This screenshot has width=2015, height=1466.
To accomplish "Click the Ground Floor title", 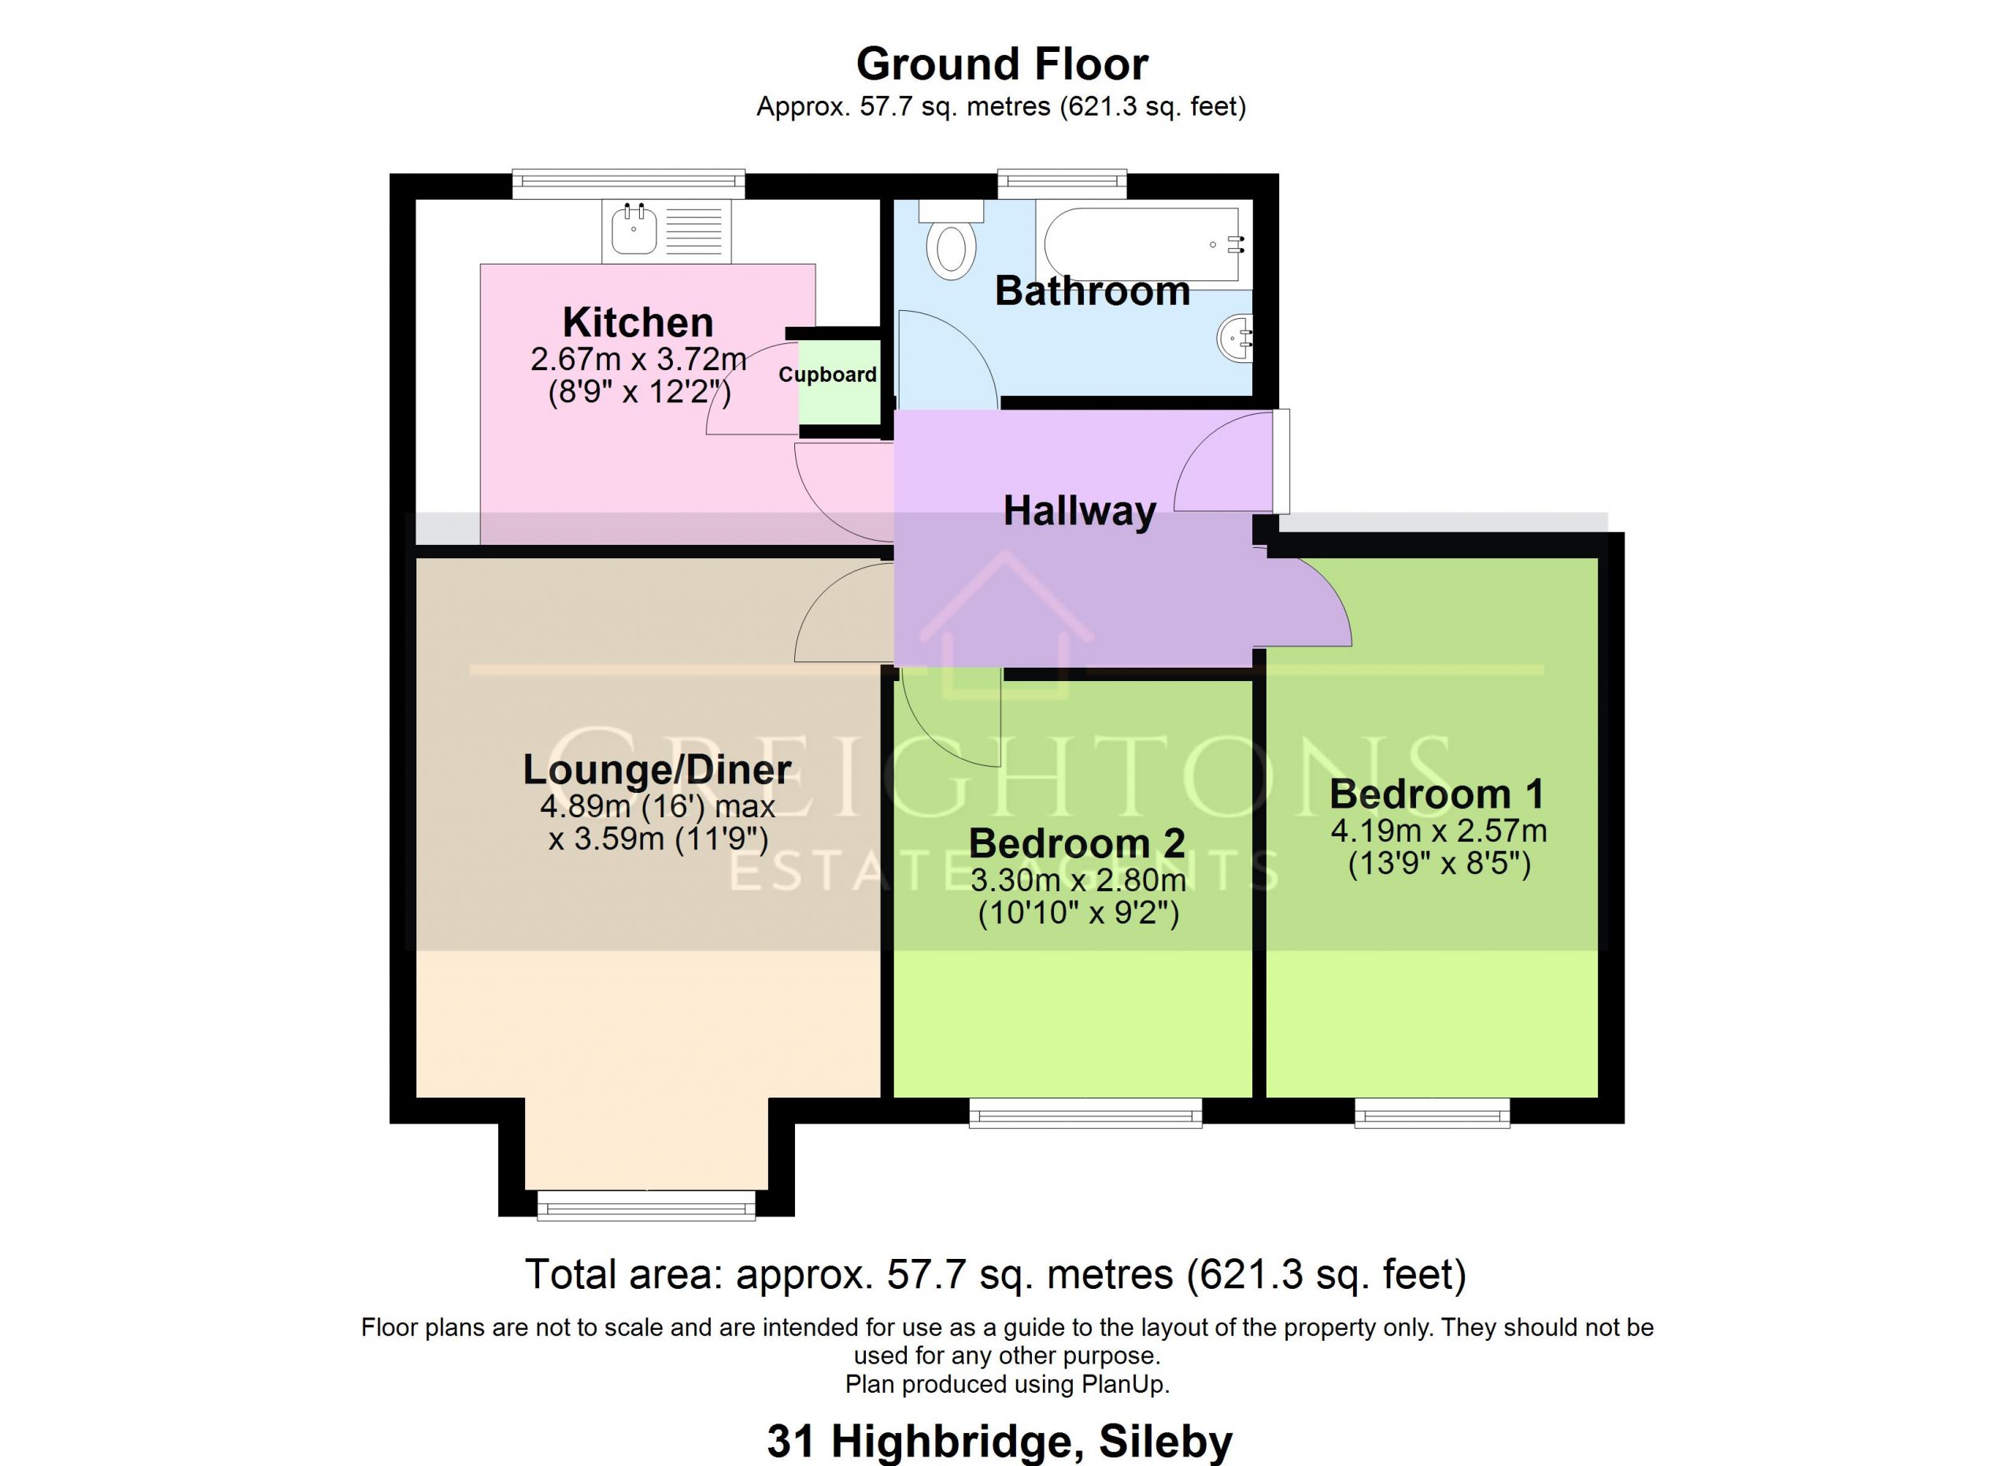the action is pos(1001,64).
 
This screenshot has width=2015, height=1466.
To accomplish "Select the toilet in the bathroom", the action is pos(951,239).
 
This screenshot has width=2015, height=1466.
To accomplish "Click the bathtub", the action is pos(1144,244).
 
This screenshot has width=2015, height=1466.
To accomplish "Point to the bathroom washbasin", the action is pos(1235,339).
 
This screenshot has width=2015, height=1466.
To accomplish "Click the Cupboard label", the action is pos(827,375).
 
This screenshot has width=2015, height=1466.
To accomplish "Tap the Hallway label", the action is pos(1079,512).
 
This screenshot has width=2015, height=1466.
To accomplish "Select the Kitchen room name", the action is pos(638,322).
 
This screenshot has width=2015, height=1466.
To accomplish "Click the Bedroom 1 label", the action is pos(1436,794).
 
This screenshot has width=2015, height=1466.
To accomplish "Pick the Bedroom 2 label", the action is pos(1077,843).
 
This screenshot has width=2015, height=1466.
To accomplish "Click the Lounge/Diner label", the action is pos(656,769).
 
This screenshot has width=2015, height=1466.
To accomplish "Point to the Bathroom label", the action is pos(1092,291).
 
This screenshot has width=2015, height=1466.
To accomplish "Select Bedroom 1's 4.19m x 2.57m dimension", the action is pos(1438,831).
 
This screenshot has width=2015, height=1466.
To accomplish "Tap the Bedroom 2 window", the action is pos(1085,1112).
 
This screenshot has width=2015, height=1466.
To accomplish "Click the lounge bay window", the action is pos(646,1205).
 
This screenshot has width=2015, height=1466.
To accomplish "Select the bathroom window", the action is pos(1062,183).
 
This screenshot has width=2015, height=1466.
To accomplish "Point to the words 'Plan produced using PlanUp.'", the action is pos(1007,1384).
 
